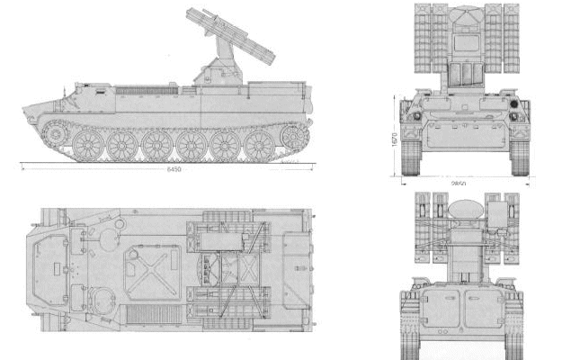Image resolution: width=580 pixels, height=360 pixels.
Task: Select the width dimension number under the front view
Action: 460,182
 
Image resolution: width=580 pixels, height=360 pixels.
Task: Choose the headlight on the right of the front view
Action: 514,116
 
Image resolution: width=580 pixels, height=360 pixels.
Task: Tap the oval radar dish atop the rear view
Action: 463,205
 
